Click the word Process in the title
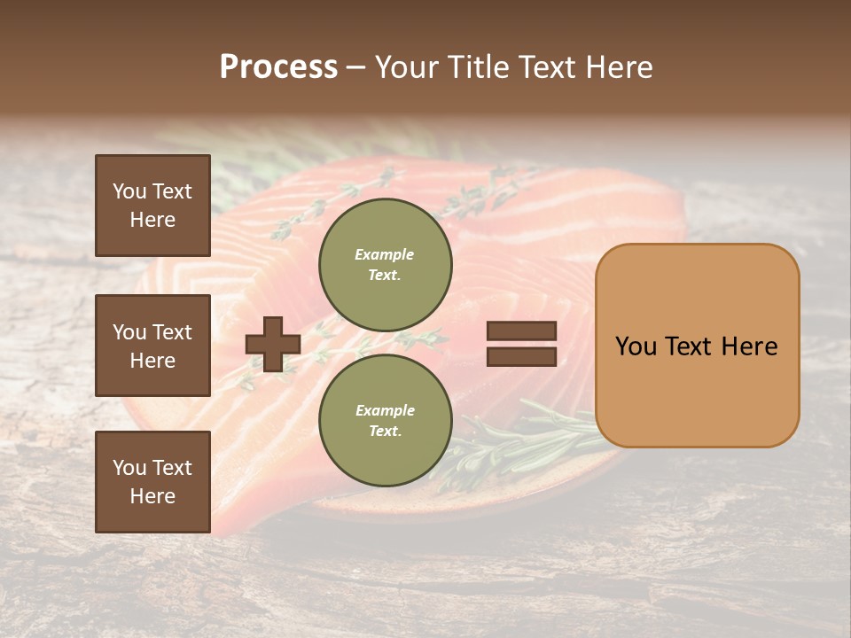point(278,67)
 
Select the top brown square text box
point(152,206)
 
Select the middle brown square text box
point(152,346)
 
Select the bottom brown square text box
point(152,482)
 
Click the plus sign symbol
point(273,344)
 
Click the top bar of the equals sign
point(521,331)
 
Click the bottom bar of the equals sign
point(521,356)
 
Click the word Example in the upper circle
point(385,255)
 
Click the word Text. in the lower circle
point(385,432)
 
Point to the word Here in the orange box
point(749,346)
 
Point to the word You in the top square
point(129,191)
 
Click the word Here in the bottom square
point(152,497)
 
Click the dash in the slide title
point(355,67)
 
